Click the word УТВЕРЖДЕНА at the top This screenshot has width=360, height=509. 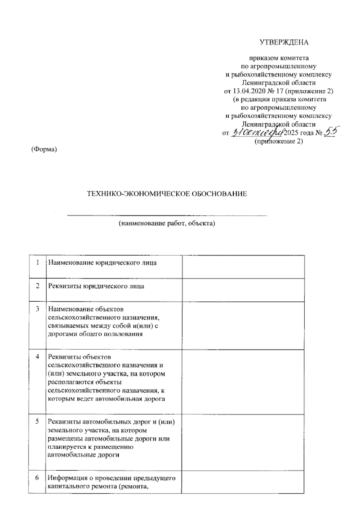283,43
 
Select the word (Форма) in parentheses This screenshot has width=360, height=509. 44,149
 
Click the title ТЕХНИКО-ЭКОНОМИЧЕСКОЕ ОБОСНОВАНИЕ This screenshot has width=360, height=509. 167,194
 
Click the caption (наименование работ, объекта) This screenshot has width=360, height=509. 167,223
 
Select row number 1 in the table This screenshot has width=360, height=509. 37,263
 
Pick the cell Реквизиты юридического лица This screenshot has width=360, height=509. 96,286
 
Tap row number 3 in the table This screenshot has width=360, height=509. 37,309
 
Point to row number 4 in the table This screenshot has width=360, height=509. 37,357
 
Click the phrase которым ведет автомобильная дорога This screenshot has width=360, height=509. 106,399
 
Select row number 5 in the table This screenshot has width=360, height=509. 37,422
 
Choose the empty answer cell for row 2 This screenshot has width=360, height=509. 243,290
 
